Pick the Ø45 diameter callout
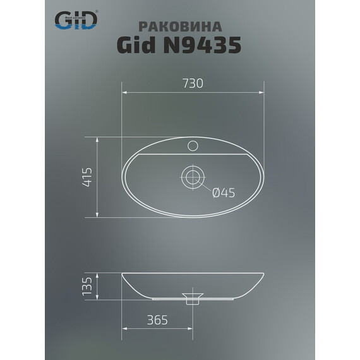(223, 194)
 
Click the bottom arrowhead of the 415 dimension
(98, 215)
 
